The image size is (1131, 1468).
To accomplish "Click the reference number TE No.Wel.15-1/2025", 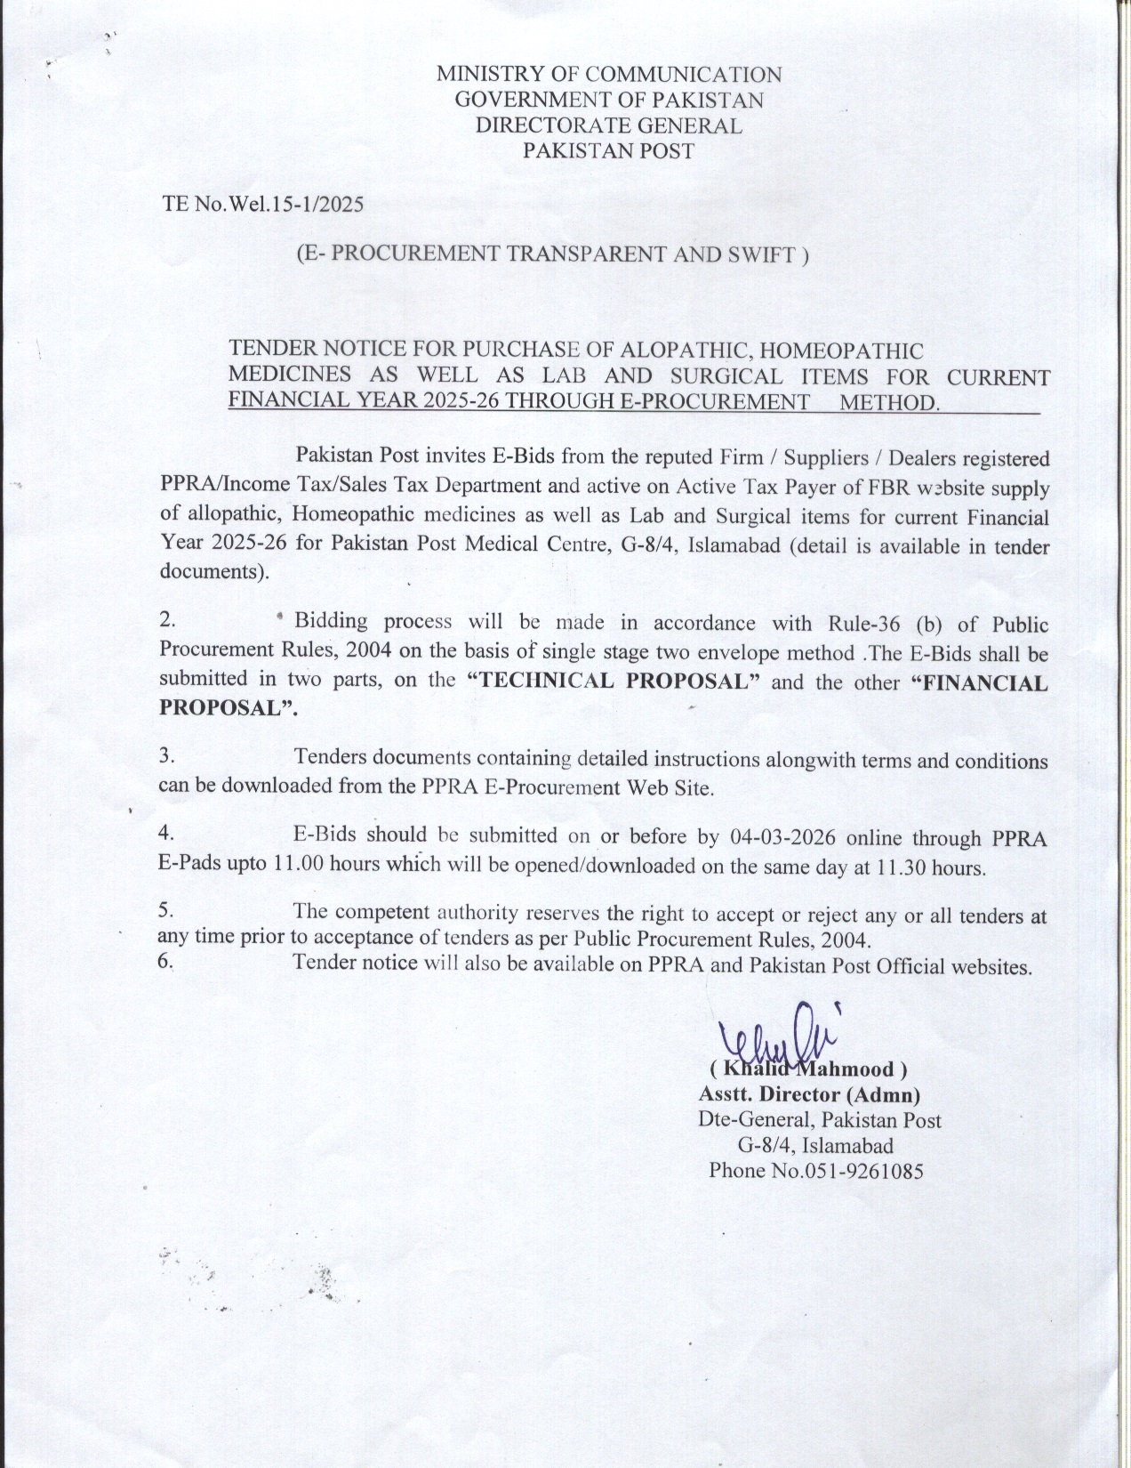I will click(x=262, y=204).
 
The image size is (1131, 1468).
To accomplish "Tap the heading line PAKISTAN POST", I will click(x=607, y=150).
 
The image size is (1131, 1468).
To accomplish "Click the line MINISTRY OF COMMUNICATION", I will click(x=608, y=75).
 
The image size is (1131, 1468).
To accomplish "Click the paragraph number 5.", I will click(x=164, y=910).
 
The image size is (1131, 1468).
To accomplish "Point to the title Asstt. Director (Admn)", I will click(x=809, y=1094).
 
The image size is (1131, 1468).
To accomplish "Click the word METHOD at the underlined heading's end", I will click(x=888, y=403).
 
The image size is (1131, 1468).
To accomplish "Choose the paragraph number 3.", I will click(x=165, y=757).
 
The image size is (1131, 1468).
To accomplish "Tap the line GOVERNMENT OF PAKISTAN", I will click(x=608, y=100).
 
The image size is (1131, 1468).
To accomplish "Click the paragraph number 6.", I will click(x=164, y=962).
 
